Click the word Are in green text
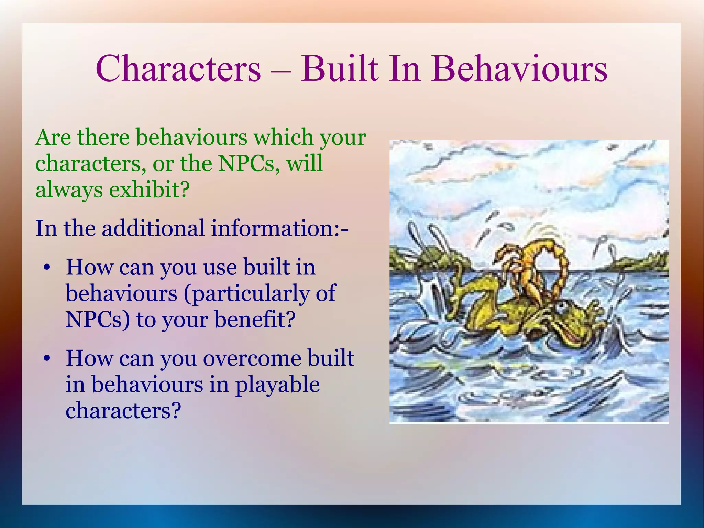[53, 137]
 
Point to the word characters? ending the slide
[123, 411]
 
